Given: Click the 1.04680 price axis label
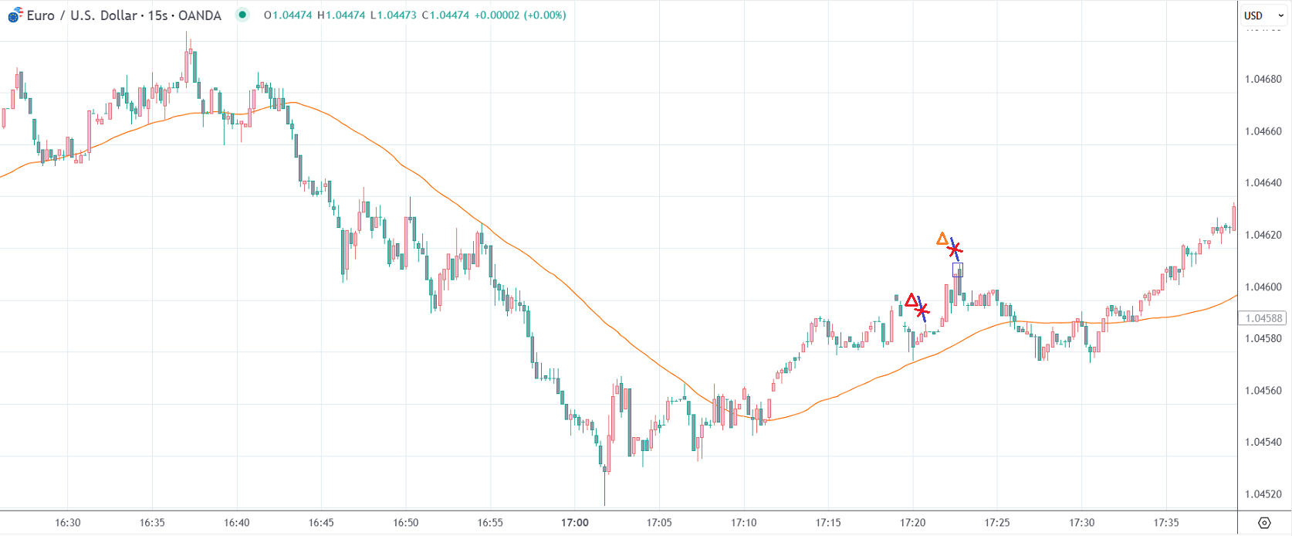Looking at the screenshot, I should click(1263, 79).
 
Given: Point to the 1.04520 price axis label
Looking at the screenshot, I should click(1263, 494).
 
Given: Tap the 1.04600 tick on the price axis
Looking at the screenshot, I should click(1263, 287).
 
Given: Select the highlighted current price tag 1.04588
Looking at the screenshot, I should click(1263, 318).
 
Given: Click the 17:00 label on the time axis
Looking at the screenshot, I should click(575, 523).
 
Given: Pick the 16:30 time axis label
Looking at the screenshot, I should click(68, 523).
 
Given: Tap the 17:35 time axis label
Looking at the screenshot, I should click(1166, 523).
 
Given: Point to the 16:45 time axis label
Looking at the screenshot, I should click(321, 523).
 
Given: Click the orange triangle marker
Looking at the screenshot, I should click(942, 239).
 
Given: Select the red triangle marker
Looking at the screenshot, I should click(912, 300).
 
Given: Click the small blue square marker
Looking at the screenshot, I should click(958, 270).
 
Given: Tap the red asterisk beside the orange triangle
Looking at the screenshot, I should click(955, 249).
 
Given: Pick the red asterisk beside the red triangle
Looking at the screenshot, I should click(922, 310).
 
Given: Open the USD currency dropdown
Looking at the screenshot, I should click(1263, 15).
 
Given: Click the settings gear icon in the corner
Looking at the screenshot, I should click(1264, 523).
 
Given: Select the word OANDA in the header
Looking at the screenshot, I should click(200, 15).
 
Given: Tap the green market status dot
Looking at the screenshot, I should click(242, 15).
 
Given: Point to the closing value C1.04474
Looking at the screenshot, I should click(445, 15).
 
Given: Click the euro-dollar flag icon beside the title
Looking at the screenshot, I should click(15, 15).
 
